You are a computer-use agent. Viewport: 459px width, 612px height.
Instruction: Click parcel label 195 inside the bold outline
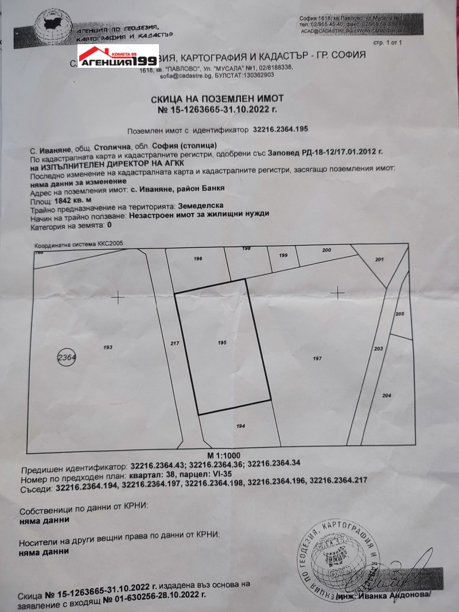223,342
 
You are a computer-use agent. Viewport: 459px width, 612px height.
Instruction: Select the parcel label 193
107,347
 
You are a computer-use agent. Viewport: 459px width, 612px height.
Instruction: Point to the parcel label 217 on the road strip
176,343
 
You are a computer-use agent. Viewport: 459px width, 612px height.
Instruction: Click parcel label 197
317,358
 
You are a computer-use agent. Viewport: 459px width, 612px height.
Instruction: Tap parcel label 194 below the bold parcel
240,426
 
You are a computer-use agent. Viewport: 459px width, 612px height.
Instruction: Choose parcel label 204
386,396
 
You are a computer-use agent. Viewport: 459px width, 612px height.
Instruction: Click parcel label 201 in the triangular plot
379,260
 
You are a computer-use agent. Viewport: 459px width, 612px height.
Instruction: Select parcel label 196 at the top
199,259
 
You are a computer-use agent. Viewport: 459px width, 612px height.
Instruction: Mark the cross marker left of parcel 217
118,297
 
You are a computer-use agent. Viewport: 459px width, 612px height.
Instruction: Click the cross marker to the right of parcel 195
337,293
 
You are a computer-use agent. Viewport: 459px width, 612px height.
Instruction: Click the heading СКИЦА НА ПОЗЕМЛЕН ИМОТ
229,98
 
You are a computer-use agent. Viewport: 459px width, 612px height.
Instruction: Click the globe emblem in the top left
53,28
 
